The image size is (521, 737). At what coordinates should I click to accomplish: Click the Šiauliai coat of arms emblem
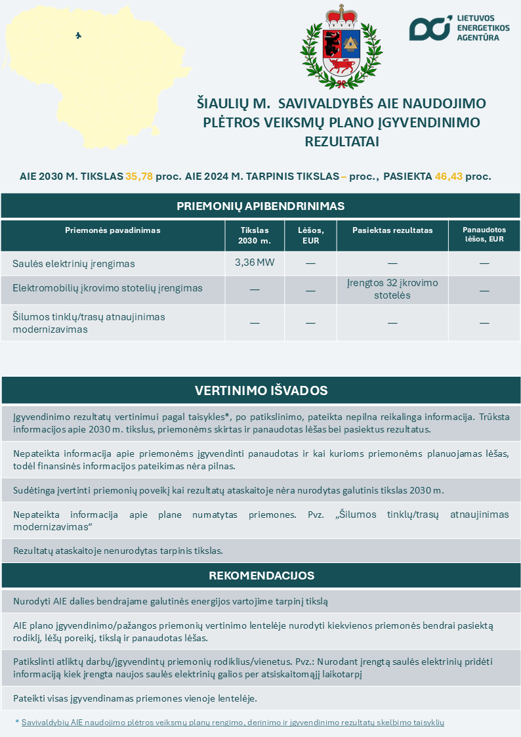coord(341,47)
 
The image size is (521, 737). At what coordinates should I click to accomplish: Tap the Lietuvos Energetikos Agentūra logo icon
coord(430,28)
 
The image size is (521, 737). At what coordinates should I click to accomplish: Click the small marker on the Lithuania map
coord(79,35)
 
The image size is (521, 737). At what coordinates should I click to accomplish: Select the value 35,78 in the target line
coord(139,177)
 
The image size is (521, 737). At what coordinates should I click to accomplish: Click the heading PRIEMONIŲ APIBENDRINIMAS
coord(260,206)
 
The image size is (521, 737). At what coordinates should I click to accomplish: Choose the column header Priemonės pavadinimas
coord(113,230)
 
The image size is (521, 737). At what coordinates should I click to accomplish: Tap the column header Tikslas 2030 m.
coord(255,236)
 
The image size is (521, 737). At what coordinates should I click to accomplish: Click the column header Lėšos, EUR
coord(310,236)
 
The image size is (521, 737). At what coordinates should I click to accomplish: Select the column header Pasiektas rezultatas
coord(392,230)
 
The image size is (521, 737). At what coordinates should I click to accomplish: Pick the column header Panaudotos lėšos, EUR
coord(484,235)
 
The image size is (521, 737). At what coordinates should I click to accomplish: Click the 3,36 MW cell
coord(255,263)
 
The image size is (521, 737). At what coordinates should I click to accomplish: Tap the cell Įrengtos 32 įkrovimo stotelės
coord(392,289)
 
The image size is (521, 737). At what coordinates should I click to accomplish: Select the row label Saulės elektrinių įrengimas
coord(73,264)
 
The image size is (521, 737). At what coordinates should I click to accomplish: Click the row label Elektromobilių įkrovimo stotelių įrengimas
coord(108,288)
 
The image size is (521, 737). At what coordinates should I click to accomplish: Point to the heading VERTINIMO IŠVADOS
coord(260,390)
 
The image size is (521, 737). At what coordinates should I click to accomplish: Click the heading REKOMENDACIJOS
coord(260,576)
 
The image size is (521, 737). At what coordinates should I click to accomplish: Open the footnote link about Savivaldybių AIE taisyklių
coord(233,722)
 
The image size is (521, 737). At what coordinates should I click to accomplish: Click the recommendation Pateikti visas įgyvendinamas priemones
coord(135,698)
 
